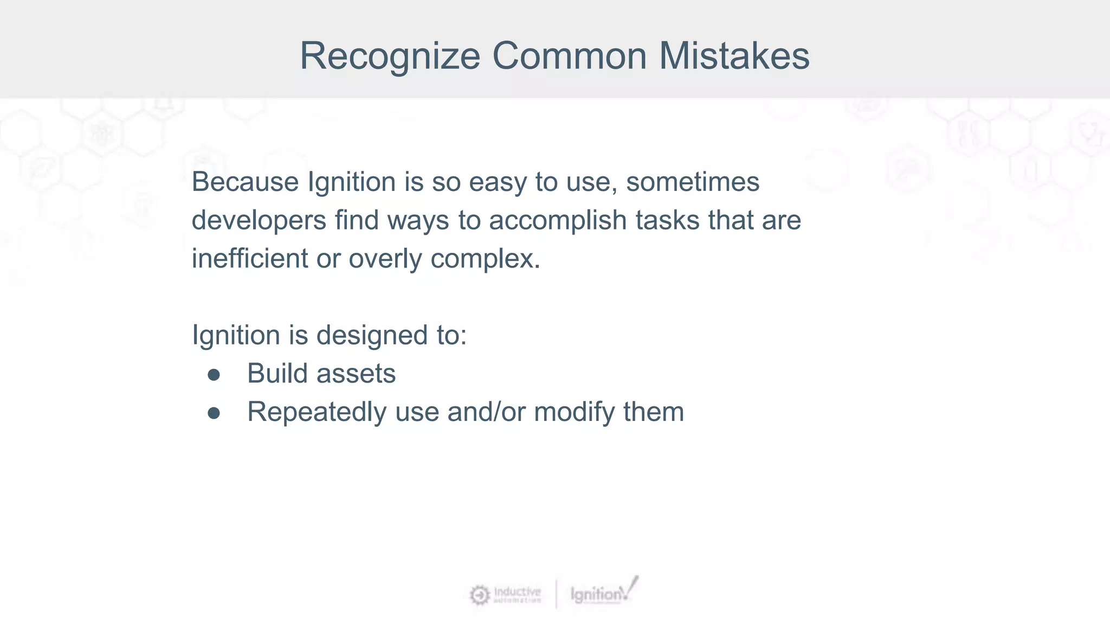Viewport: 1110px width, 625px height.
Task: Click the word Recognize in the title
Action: pyautogui.click(x=390, y=56)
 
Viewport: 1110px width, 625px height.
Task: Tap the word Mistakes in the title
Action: pyautogui.click(x=734, y=56)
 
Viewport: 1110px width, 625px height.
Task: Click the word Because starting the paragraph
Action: pyautogui.click(x=245, y=182)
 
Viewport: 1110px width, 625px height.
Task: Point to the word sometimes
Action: pyautogui.click(x=692, y=182)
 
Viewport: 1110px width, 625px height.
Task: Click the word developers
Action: pyautogui.click(x=259, y=220)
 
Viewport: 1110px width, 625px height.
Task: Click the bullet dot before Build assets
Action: pyautogui.click(x=214, y=375)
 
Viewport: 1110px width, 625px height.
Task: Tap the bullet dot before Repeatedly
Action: pyautogui.click(x=214, y=413)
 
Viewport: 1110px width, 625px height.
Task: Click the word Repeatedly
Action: pyautogui.click(x=317, y=412)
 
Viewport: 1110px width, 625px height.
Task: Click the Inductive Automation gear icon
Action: pyautogui.click(x=479, y=595)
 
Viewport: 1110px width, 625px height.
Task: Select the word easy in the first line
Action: pyautogui.click(x=497, y=183)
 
